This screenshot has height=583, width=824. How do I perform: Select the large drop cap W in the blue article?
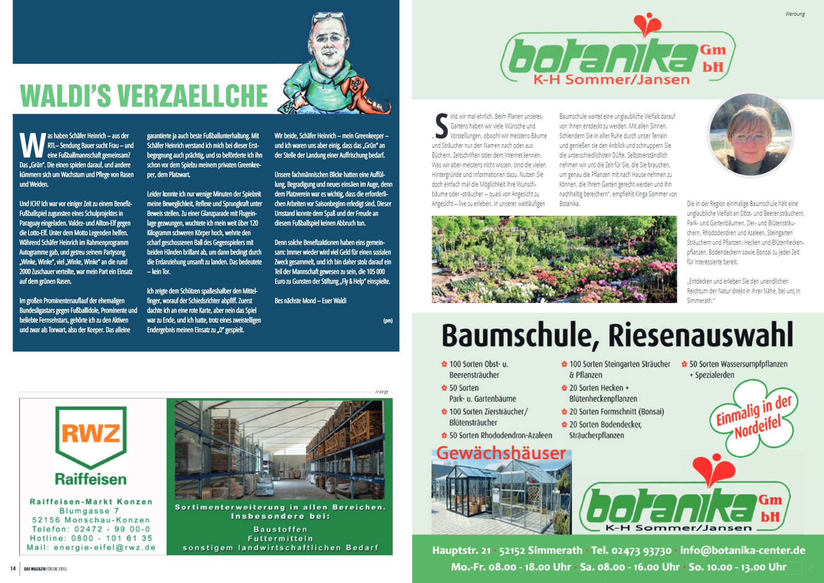point(32,146)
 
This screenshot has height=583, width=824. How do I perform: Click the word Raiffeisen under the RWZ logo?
point(90,479)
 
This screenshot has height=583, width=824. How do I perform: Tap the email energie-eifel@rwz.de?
point(104,547)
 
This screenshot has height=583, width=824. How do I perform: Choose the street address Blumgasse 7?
point(89,511)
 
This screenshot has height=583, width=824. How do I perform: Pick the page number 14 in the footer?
point(13,569)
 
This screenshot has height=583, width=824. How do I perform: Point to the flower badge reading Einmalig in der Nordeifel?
point(752,418)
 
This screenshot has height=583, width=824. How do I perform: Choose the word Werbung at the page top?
point(794,14)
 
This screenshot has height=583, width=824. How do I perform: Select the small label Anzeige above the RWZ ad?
point(381,392)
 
